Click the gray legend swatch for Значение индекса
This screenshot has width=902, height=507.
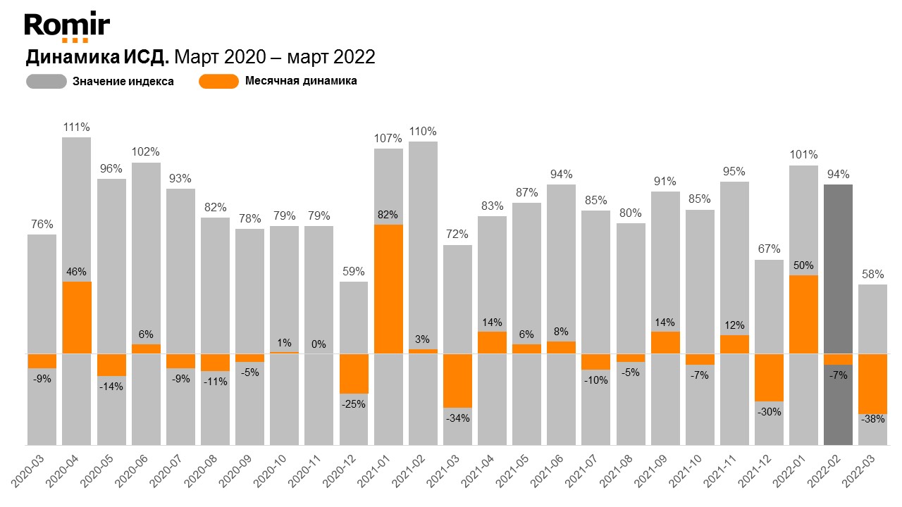pyautogui.click(x=46, y=82)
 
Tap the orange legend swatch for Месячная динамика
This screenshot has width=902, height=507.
pyautogui.click(x=218, y=81)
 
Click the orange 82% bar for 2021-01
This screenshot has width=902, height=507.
pyautogui.click(x=388, y=289)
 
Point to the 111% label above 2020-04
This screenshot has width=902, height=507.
pyautogui.click(x=76, y=127)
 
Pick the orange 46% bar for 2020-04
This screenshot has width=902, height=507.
pyautogui.click(x=76, y=318)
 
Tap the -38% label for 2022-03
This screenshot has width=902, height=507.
pyautogui.click(x=872, y=418)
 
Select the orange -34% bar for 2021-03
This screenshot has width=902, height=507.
pyautogui.click(x=457, y=380)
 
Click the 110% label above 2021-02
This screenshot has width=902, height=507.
pyautogui.click(x=423, y=132)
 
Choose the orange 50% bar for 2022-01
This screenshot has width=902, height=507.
pyautogui.click(x=803, y=314)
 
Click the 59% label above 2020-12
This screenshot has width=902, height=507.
pyautogui.click(x=353, y=270)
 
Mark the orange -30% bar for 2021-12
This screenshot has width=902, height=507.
pyautogui.click(x=769, y=377)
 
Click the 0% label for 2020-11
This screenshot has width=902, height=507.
pyautogui.click(x=319, y=344)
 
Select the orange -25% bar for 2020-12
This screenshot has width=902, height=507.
pyautogui.click(x=353, y=373)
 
